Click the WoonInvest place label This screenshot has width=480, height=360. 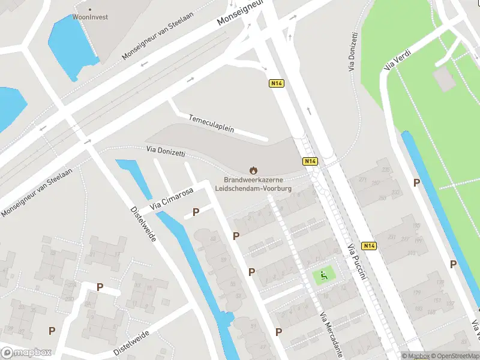[90, 17]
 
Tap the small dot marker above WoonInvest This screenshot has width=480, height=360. [90, 9]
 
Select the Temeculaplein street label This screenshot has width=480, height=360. [211, 124]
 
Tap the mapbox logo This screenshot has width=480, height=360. [26, 353]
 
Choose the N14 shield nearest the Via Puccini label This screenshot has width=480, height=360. [369, 246]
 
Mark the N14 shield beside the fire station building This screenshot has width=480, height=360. [310, 161]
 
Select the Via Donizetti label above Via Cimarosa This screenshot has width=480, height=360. [166, 152]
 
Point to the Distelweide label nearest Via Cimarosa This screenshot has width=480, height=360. [143, 224]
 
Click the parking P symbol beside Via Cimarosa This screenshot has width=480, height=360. [196, 212]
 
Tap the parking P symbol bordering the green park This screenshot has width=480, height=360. [416, 182]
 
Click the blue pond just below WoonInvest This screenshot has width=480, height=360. [72, 45]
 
